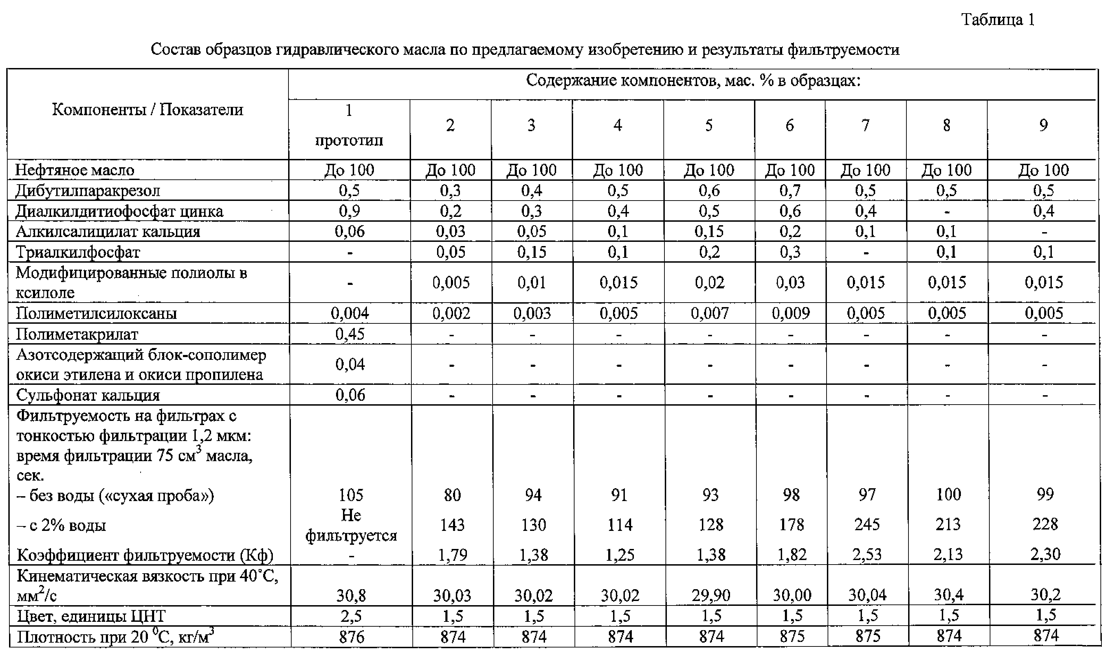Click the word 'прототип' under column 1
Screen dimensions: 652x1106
tap(349, 141)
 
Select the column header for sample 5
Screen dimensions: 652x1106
tap(709, 126)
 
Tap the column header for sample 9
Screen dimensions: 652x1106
tap(1044, 126)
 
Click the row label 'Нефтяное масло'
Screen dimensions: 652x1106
tap(75, 170)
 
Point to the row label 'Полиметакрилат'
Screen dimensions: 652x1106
tap(77, 335)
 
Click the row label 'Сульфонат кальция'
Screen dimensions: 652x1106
tap(88, 395)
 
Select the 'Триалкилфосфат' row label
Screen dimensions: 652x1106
tap(78, 252)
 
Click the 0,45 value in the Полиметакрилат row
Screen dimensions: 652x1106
tap(350, 335)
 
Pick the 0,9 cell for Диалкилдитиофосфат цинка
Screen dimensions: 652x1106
tap(349, 211)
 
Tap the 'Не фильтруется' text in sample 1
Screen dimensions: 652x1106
tap(351, 525)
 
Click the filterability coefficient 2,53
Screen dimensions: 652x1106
tap(866, 555)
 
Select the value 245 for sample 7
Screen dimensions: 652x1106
tap(866, 524)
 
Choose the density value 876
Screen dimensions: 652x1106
tap(352, 637)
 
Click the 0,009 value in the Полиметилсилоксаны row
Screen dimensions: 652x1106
tap(790, 313)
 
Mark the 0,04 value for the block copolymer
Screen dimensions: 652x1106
tap(350, 364)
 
